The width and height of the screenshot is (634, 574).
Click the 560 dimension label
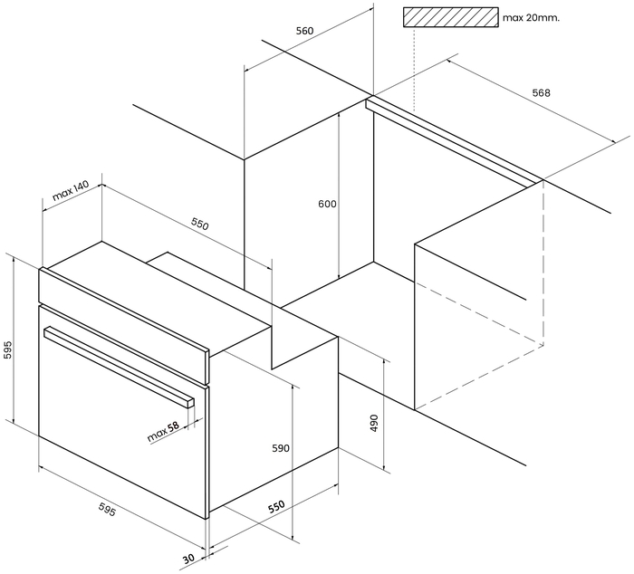tap(304, 31)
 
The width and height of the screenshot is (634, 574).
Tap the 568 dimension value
tap(541, 93)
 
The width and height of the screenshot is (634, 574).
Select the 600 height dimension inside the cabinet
tap(327, 204)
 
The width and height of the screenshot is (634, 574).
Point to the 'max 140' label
tap(71, 191)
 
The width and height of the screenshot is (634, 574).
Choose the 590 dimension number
tap(281, 448)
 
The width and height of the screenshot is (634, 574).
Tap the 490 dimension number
tap(374, 423)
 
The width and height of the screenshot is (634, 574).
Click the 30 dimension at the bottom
tap(188, 559)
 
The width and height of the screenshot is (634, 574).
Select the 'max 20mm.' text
tap(531, 18)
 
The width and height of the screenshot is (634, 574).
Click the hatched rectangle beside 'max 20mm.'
tap(450, 17)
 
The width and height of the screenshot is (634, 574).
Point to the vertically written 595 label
tap(8, 350)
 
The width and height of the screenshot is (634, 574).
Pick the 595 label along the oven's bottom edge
tap(107, 509)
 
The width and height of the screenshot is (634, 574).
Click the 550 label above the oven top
tap(200, 223)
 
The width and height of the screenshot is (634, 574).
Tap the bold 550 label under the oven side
tap(277, 506)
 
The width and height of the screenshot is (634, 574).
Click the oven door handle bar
tap(119, 366)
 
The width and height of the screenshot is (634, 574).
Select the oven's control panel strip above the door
tap(124, 325)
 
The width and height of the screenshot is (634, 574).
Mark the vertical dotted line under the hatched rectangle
tap(414, 69)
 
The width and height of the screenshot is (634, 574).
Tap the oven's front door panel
tap(123, 412)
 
